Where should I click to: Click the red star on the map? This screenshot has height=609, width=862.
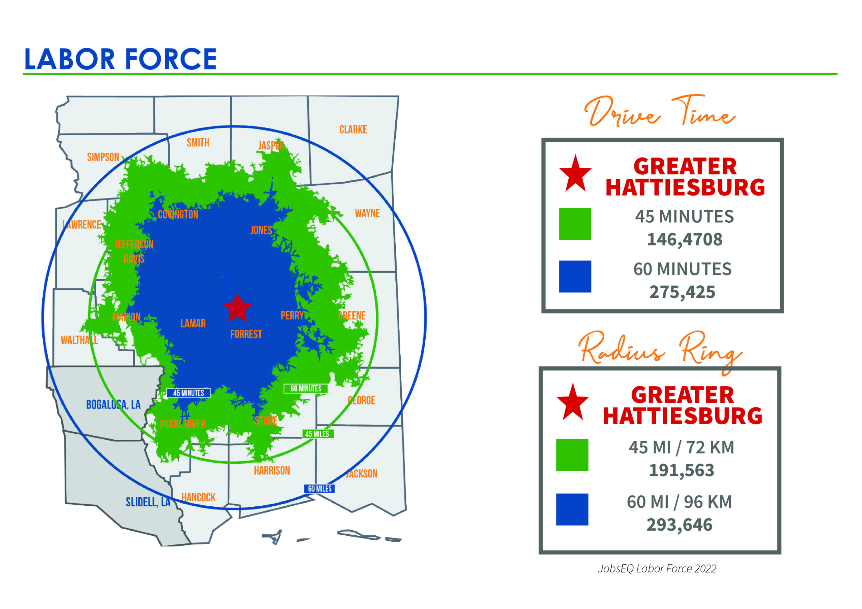click(x=237, y=307)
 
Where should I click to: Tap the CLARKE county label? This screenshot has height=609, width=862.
click(x=353, y=130)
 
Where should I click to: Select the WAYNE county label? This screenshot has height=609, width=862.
click(x=367, y=214)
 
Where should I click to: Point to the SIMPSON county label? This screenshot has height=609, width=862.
click(x=103, y=157)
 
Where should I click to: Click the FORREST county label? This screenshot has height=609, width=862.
click(x=246, y=334)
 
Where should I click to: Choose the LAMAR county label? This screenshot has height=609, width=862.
click(x=193, y=323)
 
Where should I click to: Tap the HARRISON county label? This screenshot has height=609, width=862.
click(x=272, y=470)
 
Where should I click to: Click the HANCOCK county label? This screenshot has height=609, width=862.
click(x=198, y=497)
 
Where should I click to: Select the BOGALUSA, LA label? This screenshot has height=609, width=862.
click(x=113, y=404)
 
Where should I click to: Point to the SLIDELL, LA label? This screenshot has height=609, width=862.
click(x=148, y=502)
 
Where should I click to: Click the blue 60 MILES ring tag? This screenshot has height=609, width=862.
click(x=320, y=489)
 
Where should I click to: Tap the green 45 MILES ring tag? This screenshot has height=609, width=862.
click(x=317, y=434)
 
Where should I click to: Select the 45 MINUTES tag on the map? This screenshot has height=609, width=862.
click(x=189, y=393)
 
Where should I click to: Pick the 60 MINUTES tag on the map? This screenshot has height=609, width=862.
click(x=306, y=388)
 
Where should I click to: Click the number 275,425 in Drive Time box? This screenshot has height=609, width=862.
click(x=682, y=292)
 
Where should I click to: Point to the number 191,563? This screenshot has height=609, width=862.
click(x=682, y=470)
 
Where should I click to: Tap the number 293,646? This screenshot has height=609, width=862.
click(x=679, y=525)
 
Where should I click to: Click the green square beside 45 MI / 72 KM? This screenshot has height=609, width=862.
click(x=572, y=455)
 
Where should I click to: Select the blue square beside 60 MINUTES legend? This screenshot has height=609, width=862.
click(x=575, y=277)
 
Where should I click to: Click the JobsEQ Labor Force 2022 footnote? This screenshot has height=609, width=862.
click(x=657, y=569)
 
